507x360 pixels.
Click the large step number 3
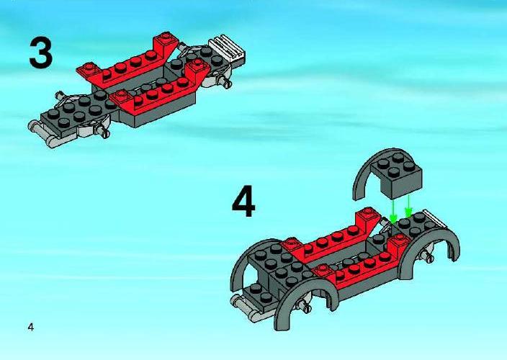click(x=41, y=53)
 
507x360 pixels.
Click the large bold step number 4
click(x=243, y=201)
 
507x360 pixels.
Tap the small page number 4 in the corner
click(x=31, y=328)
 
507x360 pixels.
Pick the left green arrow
click(x=394, y=211)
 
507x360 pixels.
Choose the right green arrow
click(x=408, y=205)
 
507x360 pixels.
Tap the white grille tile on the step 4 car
click(x=435, y=218)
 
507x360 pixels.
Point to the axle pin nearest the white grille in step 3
click(x=225, y=81)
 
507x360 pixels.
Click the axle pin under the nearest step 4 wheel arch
click(x=305, y=306)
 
